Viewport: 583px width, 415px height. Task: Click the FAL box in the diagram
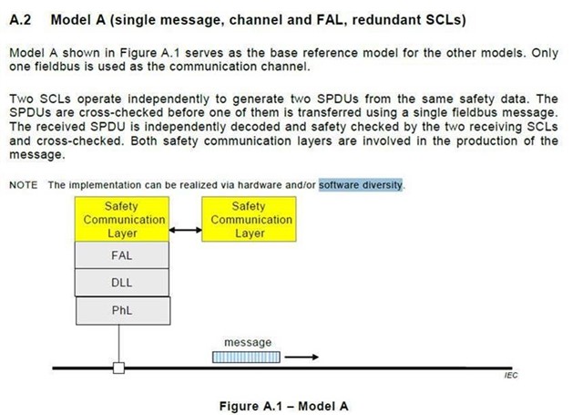coord(121,255)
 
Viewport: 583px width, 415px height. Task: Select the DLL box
coord(121,283)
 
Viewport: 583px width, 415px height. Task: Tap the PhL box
coord(123,310)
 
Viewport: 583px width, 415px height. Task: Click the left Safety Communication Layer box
coord(122,219)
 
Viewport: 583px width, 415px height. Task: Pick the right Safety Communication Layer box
coord(249,219)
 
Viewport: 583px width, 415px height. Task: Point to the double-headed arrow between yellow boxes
coord(186,230)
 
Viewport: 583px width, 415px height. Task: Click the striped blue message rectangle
coord(246,358)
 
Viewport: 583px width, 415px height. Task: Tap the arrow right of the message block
coord(302,358)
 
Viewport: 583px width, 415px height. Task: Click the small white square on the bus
coord(118,368)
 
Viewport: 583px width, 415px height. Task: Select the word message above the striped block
coord(248,342)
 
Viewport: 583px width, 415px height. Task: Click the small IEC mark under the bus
coord(511,375)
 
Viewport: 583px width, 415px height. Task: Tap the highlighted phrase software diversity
coord(361,185)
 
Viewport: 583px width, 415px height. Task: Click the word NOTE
coord(24,185)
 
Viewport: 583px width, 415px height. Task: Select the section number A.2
coord(20,20)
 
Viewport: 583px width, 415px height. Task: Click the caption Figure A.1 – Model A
coord(283,406)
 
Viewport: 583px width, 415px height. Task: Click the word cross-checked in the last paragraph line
coord(79,141)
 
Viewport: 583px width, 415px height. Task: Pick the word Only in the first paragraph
coord(545,53)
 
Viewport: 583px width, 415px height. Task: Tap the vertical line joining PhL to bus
coord(119,344)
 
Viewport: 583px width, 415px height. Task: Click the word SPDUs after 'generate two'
coord(338,99)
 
